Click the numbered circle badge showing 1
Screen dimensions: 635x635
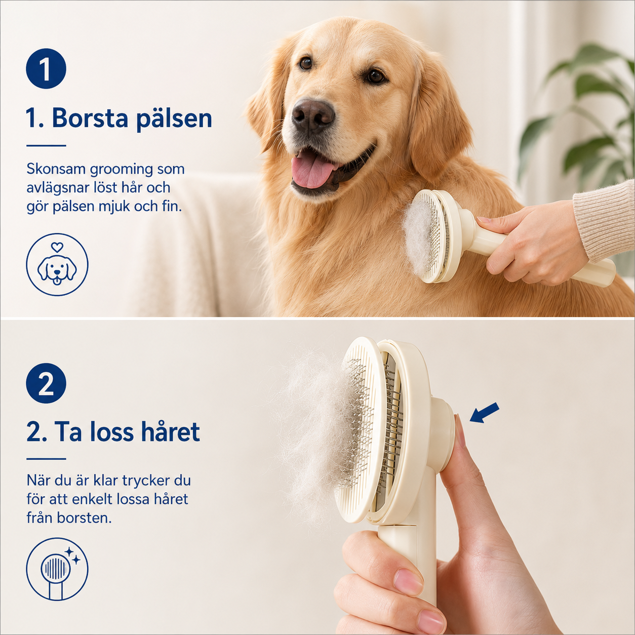(x=46, y=68)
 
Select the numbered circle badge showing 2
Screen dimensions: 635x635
(x=46, y=383)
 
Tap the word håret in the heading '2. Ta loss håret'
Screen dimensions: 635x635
(x=170, y=431)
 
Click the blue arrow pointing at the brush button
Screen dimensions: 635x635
(x=484, y=413)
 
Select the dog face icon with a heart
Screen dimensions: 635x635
(x=57, y=265)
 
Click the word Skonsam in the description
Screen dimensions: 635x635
(x=56, y=169)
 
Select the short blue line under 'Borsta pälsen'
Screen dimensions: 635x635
(x=46, y=145)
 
